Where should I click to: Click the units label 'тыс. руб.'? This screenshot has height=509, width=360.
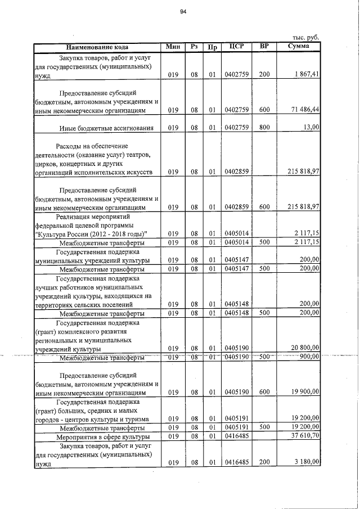click(x=305, y=37)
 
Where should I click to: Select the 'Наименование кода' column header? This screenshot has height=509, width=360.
click(x=97, y=47)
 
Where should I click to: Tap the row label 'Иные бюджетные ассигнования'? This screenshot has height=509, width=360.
click(x=106, y=128)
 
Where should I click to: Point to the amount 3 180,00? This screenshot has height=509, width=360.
click(x=307, y=462)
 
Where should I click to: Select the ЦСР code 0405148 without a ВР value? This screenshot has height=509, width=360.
click(x=236, y=304)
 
